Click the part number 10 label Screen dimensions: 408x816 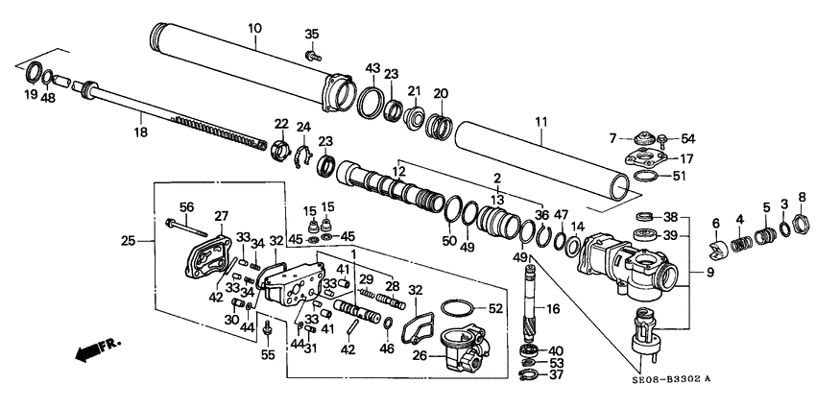[253, 29]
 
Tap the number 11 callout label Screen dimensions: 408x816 [540, 122]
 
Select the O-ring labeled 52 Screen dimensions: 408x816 [459, 309]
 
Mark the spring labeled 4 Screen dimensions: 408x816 [740, 244]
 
